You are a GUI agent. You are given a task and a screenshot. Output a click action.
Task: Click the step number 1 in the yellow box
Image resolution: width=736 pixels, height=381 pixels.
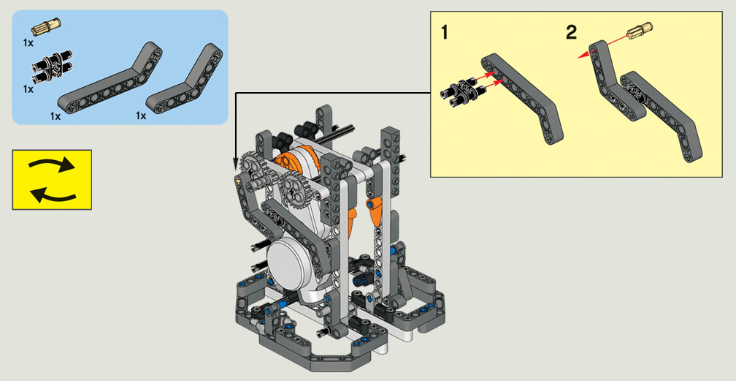pos(445,33)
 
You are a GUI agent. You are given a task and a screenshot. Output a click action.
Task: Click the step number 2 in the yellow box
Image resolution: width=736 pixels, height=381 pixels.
pos(571,32)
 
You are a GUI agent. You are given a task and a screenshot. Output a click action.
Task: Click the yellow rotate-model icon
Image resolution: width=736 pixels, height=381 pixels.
pos(52,180)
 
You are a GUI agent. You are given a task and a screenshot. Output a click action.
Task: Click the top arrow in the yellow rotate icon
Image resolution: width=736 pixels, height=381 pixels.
pos(52,165)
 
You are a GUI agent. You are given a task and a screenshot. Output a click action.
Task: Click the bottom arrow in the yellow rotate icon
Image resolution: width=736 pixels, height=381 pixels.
pos(53,194)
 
